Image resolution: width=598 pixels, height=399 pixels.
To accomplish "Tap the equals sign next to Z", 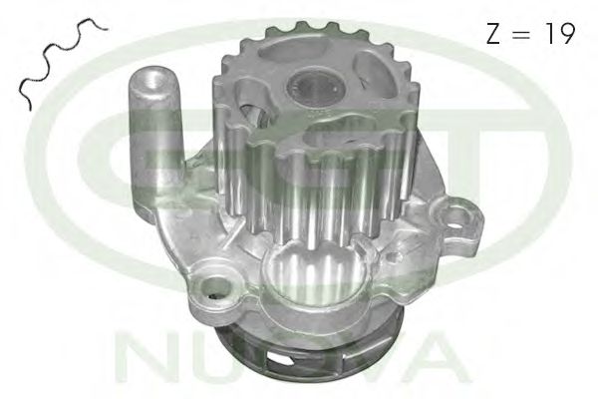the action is coord(521,34).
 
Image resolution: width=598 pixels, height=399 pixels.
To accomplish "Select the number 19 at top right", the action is coord(560,33).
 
